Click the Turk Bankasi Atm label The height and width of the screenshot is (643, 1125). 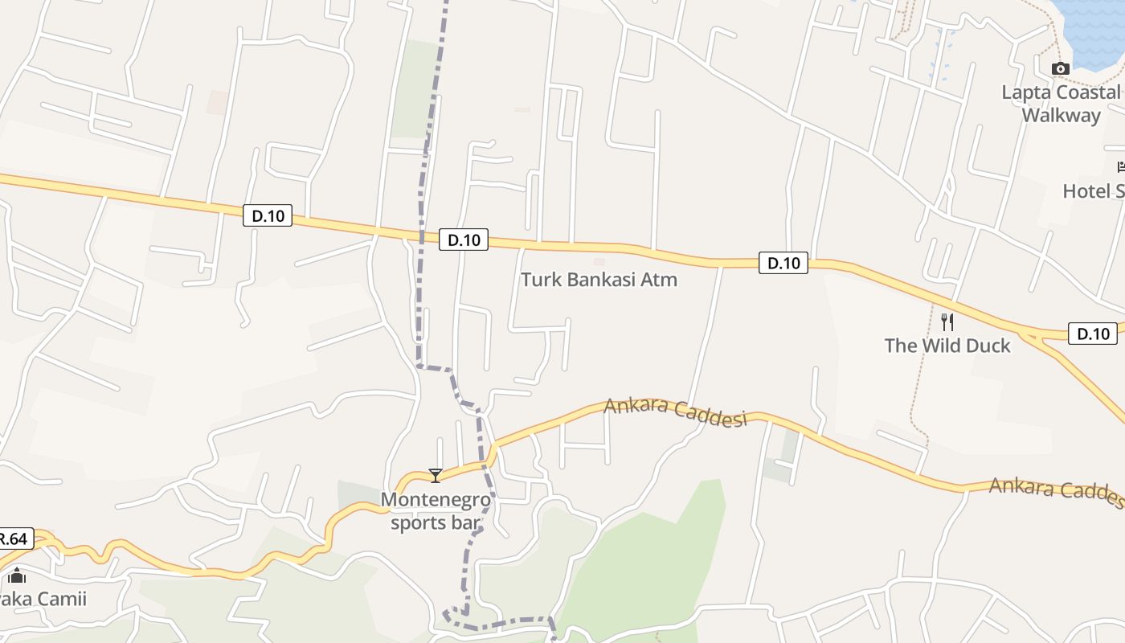599,280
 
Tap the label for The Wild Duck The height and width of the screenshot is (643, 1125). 947,346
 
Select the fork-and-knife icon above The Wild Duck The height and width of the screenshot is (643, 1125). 947,322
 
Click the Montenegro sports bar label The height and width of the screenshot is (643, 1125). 435,511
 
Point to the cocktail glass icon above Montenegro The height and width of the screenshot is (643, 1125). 435,476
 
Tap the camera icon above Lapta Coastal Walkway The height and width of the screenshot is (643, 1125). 1061,68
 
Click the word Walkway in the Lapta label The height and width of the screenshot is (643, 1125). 1061,115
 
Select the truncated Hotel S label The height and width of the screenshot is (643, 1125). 1093,191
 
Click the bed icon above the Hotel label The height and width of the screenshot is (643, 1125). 1121,167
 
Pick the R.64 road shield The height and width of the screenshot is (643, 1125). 14,539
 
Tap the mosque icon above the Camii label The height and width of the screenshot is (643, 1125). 17,575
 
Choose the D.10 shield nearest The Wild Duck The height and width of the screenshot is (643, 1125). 1092,334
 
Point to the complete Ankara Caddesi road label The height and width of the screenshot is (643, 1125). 675,412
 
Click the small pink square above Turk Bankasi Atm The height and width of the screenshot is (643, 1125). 598,261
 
